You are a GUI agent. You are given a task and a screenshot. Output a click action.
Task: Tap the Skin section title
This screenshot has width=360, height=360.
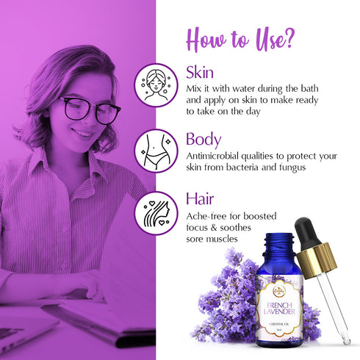pyautogui.click(x=199, y=73)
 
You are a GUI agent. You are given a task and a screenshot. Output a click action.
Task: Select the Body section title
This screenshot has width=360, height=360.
pyautogui.click(x=204, y=139)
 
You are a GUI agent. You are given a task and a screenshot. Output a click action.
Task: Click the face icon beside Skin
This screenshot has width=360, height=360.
pyautogui.click(x=156, y=86)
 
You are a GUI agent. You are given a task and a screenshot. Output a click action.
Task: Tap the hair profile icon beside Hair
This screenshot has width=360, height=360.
pyautogui.click(x=156, y=212)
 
